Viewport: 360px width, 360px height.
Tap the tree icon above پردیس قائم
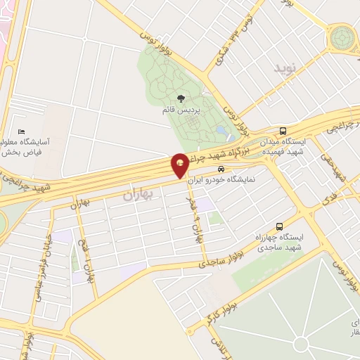[x=182, y=98]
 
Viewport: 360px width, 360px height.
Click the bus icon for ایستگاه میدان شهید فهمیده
[x=283, y=131]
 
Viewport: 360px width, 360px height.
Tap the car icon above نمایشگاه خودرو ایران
[x=221, y=169]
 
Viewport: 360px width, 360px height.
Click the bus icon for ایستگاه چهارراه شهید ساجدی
[x=280, y=226]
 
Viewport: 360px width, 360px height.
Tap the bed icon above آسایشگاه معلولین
[x=22, y=132]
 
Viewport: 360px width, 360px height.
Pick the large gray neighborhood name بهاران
[x=138, y=194]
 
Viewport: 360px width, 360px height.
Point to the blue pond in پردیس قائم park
[x=221, y=130]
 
